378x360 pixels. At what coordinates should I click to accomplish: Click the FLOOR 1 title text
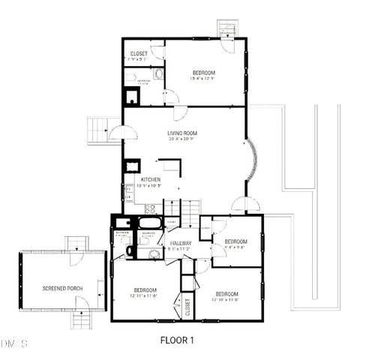pyautogui.click(x=177, y=340)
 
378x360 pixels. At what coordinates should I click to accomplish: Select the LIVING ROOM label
pyautogui.click(x=182, y=133)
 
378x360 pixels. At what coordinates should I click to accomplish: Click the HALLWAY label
pyautogui.click(x=181, y=244)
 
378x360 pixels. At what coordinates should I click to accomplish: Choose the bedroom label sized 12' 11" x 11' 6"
pyautogui.click(x=145, y=290)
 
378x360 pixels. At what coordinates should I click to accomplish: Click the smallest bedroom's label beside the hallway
pyautogui.click(x=235, y=241)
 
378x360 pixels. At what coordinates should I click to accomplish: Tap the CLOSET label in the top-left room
pyautogui.click(x=139, y=54)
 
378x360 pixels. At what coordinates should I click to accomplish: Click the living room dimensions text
pyautogui.click(x=182, y=139)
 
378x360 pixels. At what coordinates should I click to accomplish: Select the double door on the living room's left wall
pyautogui.click(x=121, y=133)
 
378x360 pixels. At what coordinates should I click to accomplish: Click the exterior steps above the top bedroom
pyautogui.click(x=226, y=28)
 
